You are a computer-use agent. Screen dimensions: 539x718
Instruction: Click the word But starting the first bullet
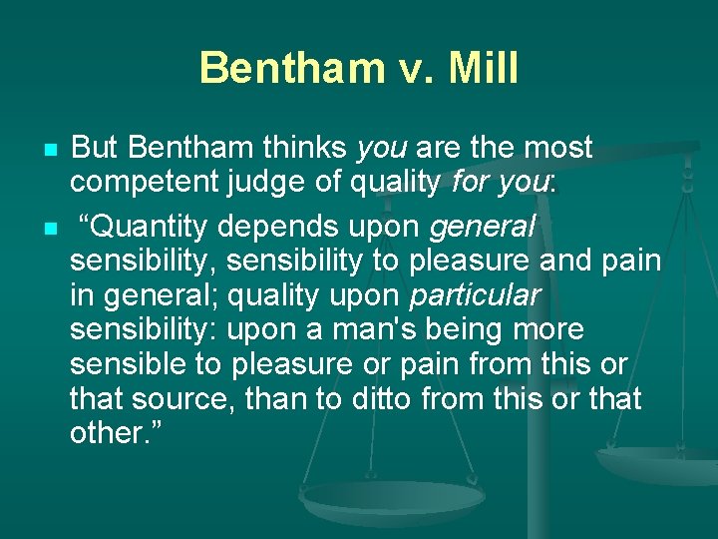click(97, 148)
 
